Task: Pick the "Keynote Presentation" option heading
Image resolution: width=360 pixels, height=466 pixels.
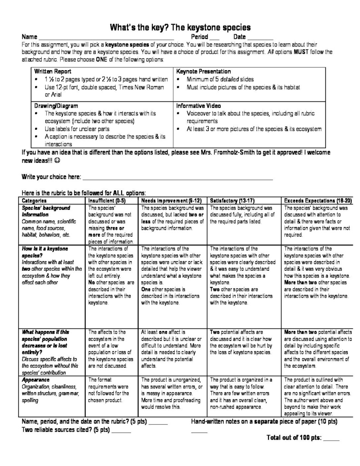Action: pos(203,72)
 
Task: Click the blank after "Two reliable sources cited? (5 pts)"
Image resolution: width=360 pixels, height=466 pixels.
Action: pos(122,430)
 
